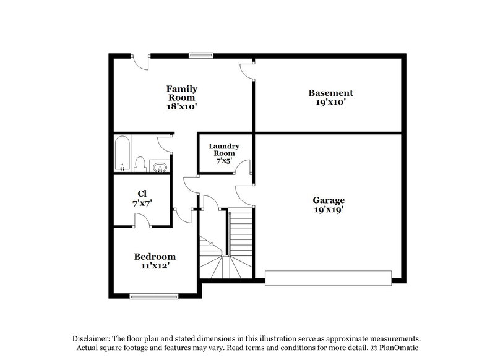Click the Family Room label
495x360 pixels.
[181, 93]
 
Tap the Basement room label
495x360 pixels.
[331, 93]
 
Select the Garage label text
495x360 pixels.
[329, 200]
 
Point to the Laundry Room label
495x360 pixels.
[223, 149]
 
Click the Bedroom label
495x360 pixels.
[155, 256]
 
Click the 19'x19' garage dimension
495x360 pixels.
[329, 209]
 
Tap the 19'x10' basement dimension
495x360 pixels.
[331, 102]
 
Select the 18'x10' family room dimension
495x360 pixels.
[181, 106]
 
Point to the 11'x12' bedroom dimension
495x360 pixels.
[155, 265]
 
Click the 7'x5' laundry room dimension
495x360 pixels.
[223, 160]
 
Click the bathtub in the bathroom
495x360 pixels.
[122, 153]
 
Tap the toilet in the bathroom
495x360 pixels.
[140, 164]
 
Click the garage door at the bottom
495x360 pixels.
[329, 277]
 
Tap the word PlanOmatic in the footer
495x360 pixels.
[402, 348]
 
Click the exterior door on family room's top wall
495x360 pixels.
[142, 59]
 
